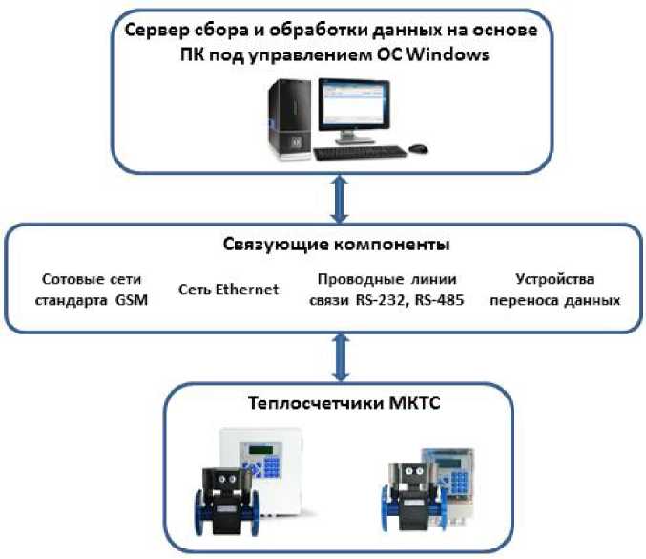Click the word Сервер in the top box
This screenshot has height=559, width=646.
point(156,30)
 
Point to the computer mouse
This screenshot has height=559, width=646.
point(418,148)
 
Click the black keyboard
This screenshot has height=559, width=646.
point(358,152)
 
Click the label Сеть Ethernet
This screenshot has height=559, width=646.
point(229,290)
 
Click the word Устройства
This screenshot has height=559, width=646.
point(554,280)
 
